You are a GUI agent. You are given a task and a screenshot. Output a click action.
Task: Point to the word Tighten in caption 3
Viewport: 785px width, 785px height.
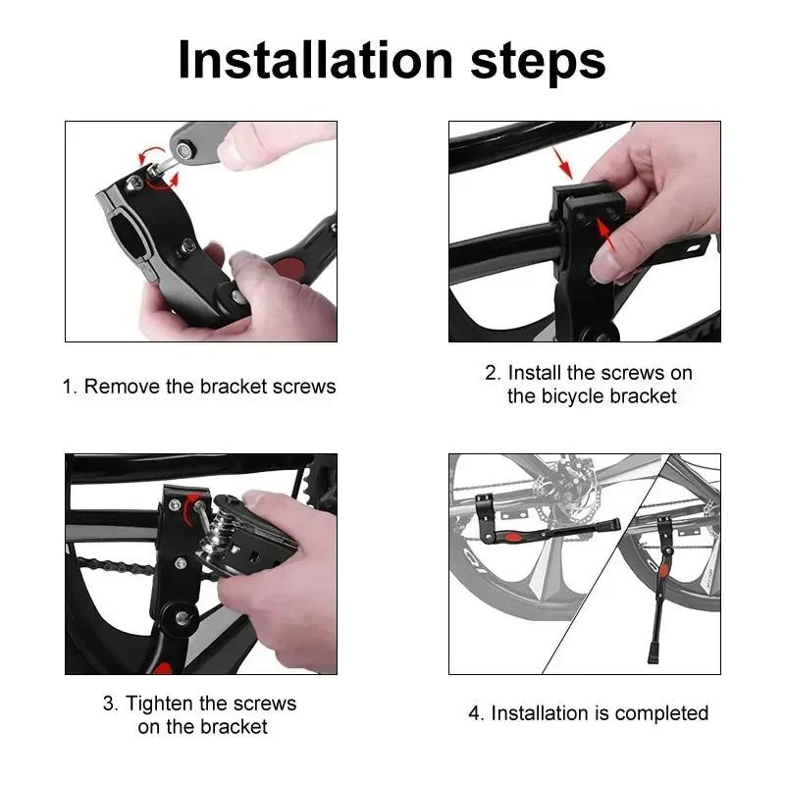tap(159, 704)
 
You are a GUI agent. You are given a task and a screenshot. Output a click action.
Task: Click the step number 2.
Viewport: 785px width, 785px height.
tap(492, 373)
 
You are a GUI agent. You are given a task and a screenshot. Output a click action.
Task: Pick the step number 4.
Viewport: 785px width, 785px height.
tap(475, 712)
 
